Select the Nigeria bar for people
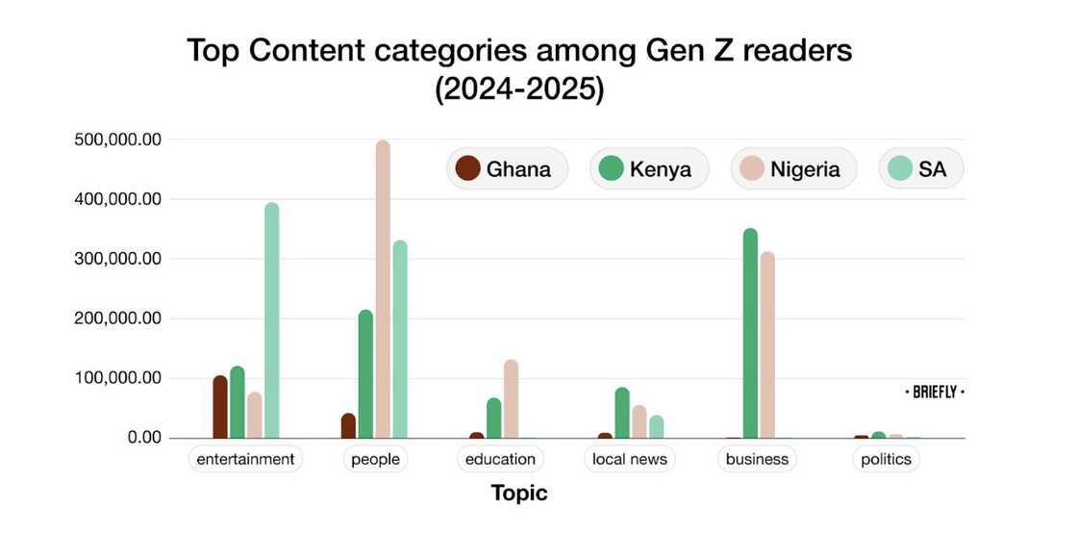click(383, 290)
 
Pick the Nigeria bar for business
click(767, 345)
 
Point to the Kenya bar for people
click(365, 374)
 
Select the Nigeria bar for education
click(512, 399)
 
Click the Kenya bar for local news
click(622, 413)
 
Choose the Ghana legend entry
click(506, 169)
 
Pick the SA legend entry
click(920, 169)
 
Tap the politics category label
click(886, 459)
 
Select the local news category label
click(630, 459)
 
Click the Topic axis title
click(519, 493)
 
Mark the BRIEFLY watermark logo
click(935, 393)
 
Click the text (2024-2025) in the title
click(519, 89)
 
